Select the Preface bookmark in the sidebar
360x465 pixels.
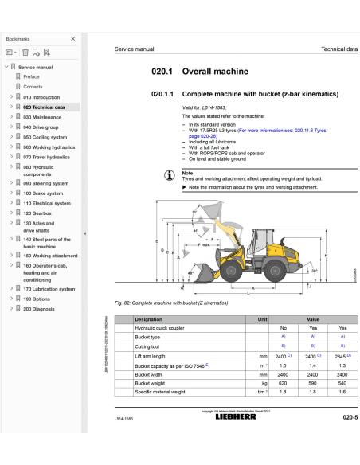tap(32, 77)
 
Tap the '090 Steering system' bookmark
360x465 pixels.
tap(48, 183)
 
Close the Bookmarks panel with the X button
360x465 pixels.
tap(73, 38)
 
